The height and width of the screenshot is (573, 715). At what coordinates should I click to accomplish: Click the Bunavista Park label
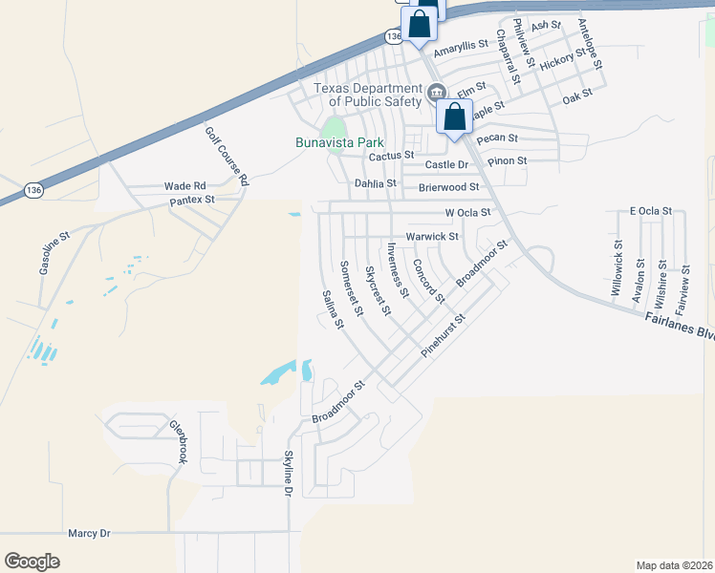[x=331, y=143]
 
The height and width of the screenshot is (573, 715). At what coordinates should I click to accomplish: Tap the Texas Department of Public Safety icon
[x=437, y=93]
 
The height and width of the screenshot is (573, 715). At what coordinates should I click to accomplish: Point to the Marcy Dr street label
[x=90, y=533]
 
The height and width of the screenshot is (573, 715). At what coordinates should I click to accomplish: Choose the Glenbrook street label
[x=178, y=442]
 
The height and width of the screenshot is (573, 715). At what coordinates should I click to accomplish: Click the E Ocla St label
[x=651, y=210]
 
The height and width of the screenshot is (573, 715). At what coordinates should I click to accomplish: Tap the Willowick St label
[x=617, y=265]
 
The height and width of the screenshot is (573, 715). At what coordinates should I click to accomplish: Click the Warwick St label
[x=432, y=236]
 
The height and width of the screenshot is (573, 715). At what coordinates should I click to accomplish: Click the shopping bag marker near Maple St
[x=455, y=118]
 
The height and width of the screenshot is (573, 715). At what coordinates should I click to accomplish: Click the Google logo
[x=32, y=562]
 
